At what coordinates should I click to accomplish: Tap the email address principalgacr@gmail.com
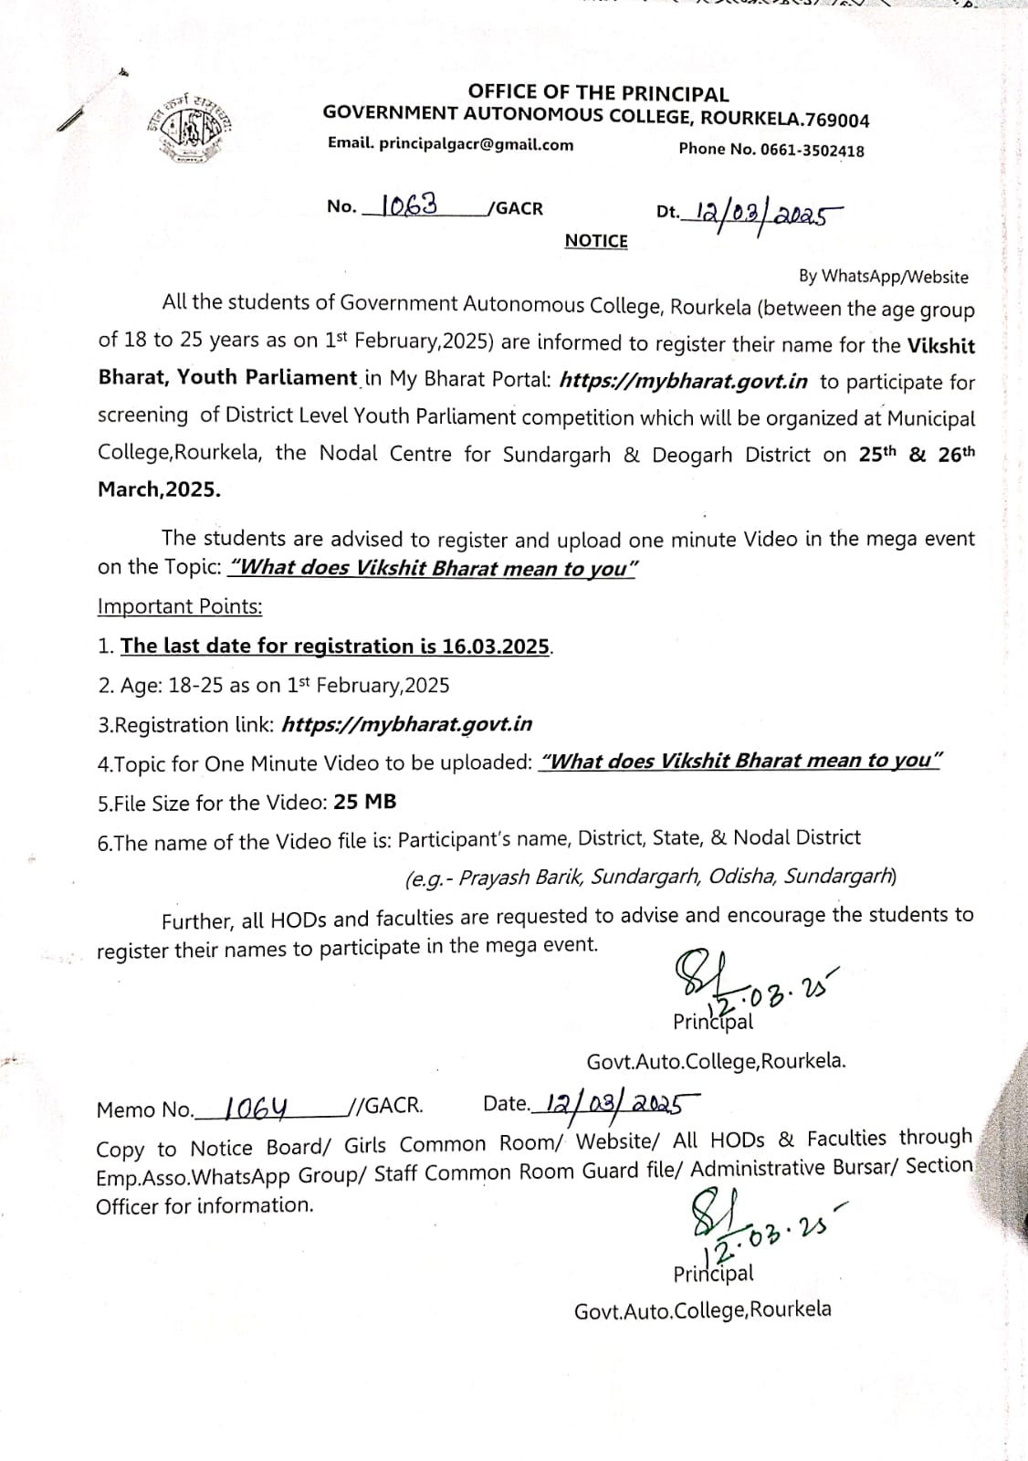tap(476, 144)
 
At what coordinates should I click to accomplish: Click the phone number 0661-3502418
tap(813, 151)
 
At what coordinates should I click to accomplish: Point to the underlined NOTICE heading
tap(596, 241)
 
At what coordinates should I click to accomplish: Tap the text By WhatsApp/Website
tap(883, 276)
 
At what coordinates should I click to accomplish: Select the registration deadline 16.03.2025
tap(496, 646)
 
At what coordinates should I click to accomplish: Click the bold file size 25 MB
tap(365, 802)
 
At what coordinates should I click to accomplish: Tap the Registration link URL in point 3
tap(406, 724)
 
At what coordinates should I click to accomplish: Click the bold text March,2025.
tap(159, 489)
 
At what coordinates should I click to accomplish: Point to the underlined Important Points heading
tap(180, 606)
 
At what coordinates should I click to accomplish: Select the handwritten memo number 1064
tap(257, 1108)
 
